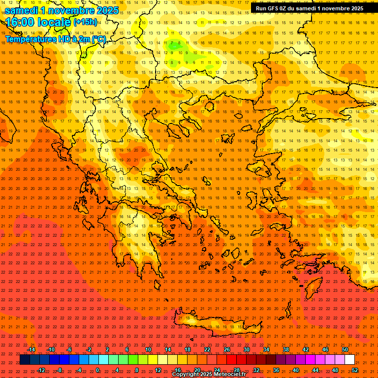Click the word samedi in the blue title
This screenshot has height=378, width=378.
coord(22,10)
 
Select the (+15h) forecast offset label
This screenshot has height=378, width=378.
coord(85,22)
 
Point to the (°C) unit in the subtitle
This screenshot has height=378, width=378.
coord(97,39)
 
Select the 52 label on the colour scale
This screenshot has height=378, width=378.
coord(355,370)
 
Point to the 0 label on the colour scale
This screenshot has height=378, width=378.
coord(97,370)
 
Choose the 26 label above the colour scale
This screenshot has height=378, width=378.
coord(227,349)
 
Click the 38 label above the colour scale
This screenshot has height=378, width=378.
coord(286,349)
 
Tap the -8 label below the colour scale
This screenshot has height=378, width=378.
coord(59,370)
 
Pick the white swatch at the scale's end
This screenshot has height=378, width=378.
coord(349,360)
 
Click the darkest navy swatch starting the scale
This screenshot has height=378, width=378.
coord(25,360)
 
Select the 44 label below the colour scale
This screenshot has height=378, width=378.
coord(315,370)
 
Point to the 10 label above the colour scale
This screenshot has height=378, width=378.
coord(148,349)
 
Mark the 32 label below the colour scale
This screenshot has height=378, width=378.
coord(256,370)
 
